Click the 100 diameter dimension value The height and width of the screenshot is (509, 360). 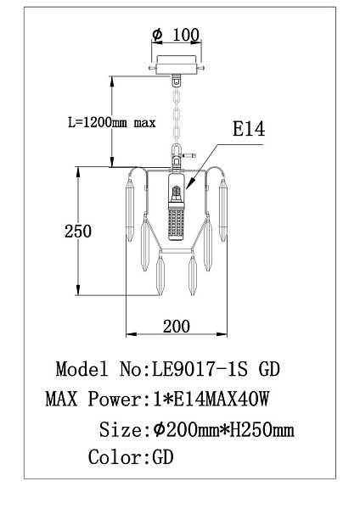click(x=186, y=35)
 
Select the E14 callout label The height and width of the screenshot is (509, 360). click(x=249, y=129)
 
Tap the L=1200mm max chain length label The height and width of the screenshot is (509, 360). click(x=112, y=123)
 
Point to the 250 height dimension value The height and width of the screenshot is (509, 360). click(x=78, y=232)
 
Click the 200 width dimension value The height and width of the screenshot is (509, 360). click(x=177, y=327)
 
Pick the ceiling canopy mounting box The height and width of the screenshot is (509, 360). click(x=177, y=65)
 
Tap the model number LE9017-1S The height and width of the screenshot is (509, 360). click(x=200, y=369)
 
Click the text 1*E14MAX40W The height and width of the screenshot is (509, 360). click(x=211, y=399)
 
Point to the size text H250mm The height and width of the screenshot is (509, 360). click(x=262, y=430)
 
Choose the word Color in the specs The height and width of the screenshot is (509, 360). click(x=115, y=457)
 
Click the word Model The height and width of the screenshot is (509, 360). click(x=82, y=369)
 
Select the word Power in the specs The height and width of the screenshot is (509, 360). click(x=115, y=399)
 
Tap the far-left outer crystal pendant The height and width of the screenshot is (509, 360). click(x=130, y=211)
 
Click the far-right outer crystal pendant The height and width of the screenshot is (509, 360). click(x=223, y=211)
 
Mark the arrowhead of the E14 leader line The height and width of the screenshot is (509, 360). click(x=188, y=187)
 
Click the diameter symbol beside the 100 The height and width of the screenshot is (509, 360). click(x=157, y=35)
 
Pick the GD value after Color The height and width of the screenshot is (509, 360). click(x=163, y=457)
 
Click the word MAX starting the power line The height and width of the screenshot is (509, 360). click(x=62, y=399)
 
